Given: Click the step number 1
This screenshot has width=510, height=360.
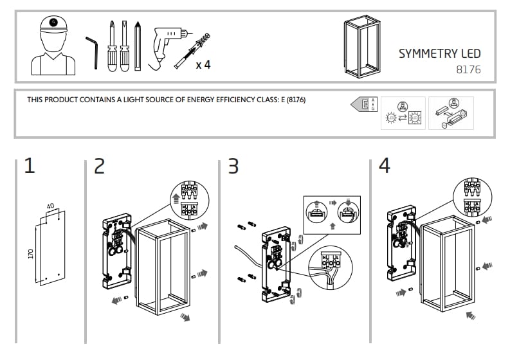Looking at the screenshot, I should click(x=30, y=166).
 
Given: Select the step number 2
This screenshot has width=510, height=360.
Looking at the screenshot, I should click(x=99, y=166).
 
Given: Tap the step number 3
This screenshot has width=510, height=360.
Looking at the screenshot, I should click(x=233, y=166).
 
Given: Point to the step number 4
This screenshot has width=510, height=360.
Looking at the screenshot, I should click(x=384, y=166).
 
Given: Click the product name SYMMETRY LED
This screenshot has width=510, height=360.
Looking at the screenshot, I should click(x=439, y=53).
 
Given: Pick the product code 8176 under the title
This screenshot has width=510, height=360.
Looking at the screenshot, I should click(x=468, y=69).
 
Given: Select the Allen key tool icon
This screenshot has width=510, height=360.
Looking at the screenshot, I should click(x=92, y=51).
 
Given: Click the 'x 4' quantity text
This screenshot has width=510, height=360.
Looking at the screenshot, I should click(x=203, y=65).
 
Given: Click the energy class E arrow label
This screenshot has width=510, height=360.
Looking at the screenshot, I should click(x=363, y=104).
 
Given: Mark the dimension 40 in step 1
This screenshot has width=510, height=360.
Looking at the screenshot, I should click(x=50, y=206).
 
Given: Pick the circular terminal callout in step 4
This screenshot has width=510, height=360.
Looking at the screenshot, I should click(x=471, y=197).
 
